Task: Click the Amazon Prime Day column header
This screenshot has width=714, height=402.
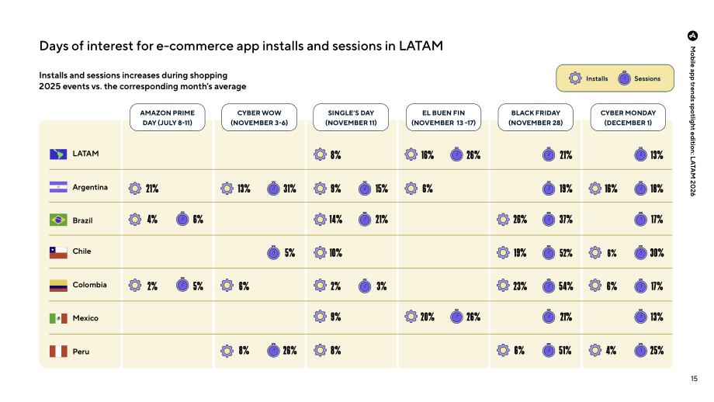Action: tap(167, 117)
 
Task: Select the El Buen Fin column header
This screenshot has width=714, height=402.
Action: tap(443, 117)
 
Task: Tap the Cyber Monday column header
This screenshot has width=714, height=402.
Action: tap(628, 117)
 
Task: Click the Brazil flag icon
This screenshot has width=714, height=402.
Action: tap(58, 220)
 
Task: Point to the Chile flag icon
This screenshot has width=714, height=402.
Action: tap(58, 253)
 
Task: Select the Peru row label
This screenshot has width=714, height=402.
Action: tap(81, 352)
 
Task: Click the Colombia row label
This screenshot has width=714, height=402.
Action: tap(90, 285)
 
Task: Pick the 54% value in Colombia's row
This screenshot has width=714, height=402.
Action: tap(566, 286)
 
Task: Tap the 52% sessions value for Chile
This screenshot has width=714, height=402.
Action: tap(566, 253)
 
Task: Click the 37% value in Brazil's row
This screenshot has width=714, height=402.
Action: tap(566, 220)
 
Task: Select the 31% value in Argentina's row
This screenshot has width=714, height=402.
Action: tap(289, 189)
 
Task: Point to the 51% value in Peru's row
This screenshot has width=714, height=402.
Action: tap(565, 351)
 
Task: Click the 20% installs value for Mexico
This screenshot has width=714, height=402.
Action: tap(427, 317)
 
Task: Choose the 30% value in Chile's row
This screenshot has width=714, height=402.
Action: tap(657, 253)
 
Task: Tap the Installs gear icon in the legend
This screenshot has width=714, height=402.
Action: tap(575, 78)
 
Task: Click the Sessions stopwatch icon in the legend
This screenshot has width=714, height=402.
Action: tap(624, 78)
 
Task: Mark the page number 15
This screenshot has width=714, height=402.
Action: tap(694, 378)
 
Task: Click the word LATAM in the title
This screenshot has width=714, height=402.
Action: tap(421, 46)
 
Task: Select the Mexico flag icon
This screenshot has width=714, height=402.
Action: tap(58, 318)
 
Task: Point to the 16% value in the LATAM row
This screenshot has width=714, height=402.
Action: tap(427, 155)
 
